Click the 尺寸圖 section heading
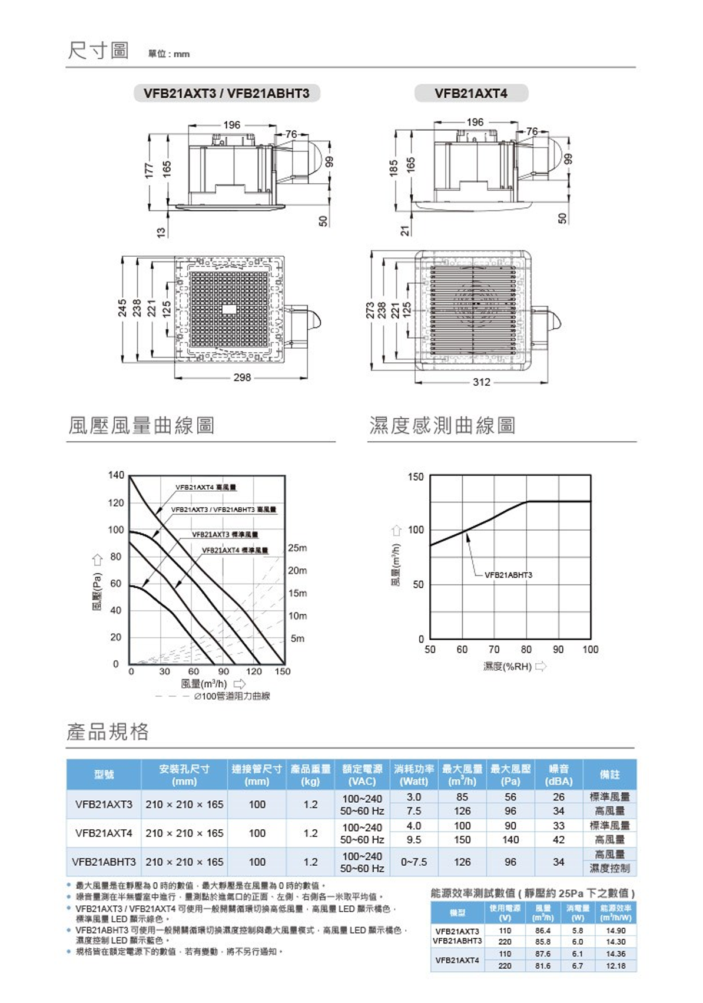98,51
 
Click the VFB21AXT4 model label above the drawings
470,93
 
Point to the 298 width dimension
242,378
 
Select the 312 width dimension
481,382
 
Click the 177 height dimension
150,171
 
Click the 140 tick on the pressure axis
116,475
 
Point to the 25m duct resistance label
297,548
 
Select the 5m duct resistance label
297,638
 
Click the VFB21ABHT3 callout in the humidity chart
508,575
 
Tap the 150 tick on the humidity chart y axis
416,476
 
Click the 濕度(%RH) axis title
508,666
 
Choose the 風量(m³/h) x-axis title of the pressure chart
204,684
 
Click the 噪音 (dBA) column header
559,774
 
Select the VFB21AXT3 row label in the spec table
104,804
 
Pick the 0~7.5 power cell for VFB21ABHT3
414,862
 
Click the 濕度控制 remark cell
609,869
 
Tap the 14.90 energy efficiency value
615,931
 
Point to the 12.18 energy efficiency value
615,966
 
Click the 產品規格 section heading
108,731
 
